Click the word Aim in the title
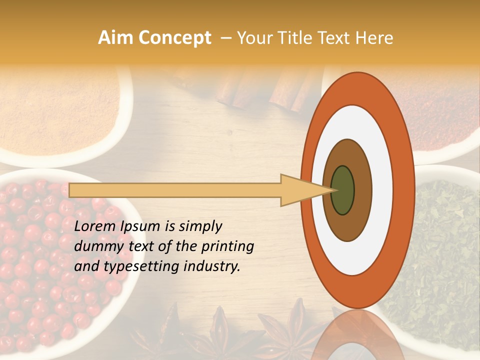click(115, 38)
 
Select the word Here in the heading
click(375, 38)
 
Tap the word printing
click(227, 247)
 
